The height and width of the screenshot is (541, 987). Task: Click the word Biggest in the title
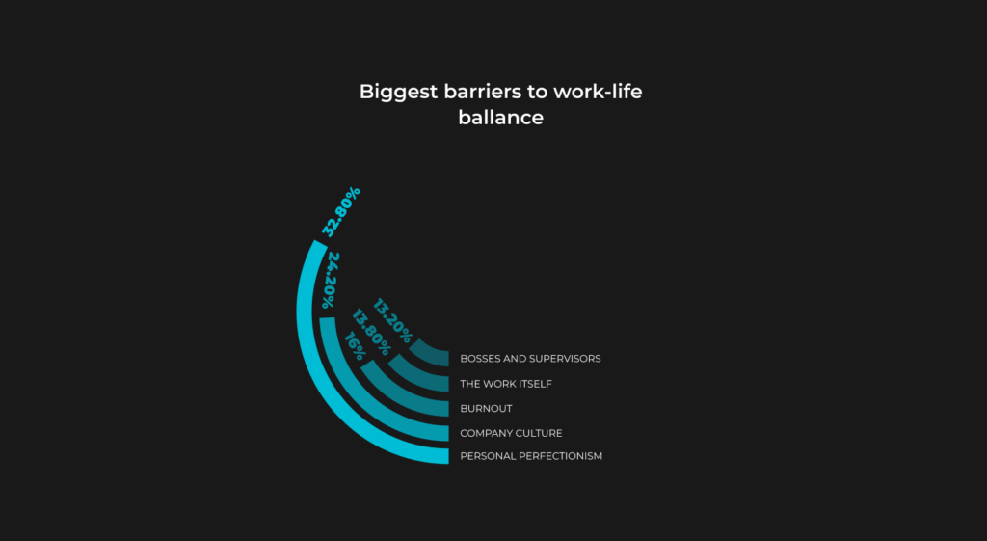click(x=398, y=93)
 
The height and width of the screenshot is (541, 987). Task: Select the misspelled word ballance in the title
click(x=500, y=118)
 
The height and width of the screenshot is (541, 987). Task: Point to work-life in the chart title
click(x=598, y=92)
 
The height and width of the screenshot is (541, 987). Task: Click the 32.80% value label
click(x=340, y=211)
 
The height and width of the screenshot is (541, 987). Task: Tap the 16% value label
click(x=355, y=346)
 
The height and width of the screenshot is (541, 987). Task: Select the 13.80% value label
click(x=371, y=332)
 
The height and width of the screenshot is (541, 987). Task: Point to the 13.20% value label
click(x=392, y=321)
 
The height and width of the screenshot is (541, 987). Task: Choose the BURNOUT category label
click(x=486, y=409)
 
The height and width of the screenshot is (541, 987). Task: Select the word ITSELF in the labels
click(x=534, y=384)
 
